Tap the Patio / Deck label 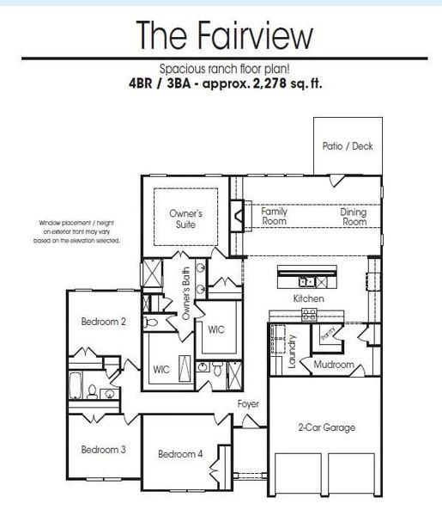[x=348, y=146]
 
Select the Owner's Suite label [x=185, y=218]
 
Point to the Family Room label [x=275, y=216]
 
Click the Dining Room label [x=353, y=216]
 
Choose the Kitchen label [x=308, y=298]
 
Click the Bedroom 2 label [x=104, y=322]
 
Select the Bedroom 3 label [x=104, y=449]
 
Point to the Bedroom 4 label [x=179, y=453]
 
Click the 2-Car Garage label [x=326, y=427]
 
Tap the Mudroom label [x=334, y=365]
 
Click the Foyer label [x=248, y=403]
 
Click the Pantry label [x=327, y=335]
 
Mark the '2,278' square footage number [x=268, y=84]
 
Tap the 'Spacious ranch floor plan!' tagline [x=224, y=70]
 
